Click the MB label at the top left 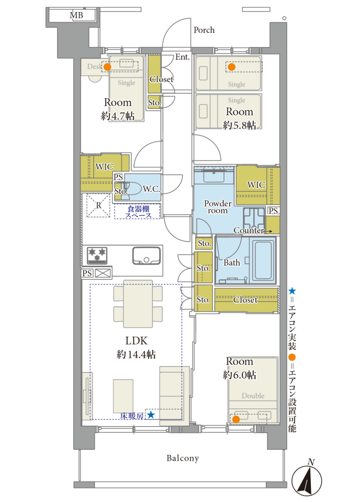(x=76, y=15)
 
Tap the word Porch (x=204, y=30)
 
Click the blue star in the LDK (x=151, y=415)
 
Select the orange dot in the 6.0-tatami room (x=236, y=419)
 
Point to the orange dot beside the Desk (x=107, y=67)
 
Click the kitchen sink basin (x=147, y=256)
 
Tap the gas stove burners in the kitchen (x=97, y=256)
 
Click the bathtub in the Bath (x=264, y=260)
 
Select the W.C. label (x=151, y=189)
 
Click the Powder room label (x=218, y=207)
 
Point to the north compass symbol (x=307, y=480)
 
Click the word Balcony (x=183, y=458)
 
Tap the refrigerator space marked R (x=99, y=205)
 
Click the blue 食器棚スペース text (x=138, y=212)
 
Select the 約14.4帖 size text (x=136, y=355)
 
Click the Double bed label (x=253, y=396)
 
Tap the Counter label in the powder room (x=249, y=230)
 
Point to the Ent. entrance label (x=183, y=57)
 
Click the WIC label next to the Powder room (x=256, y=185)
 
